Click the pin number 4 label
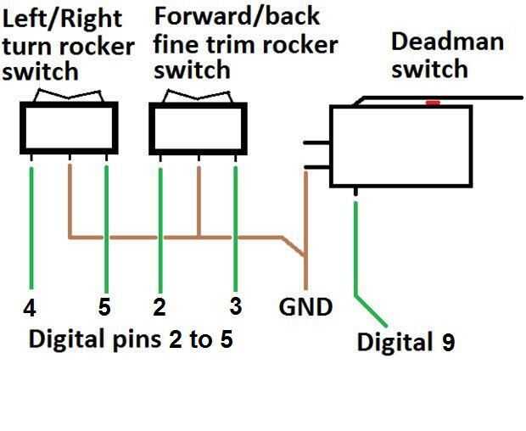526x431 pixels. [31, 307]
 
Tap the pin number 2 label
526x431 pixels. [158, 307]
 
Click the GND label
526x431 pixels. [305, 307]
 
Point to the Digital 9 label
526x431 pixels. [406, 343]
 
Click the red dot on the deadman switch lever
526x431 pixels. [433, 103]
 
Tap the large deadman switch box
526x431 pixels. [400, 146]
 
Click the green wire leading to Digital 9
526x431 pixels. [357, 255]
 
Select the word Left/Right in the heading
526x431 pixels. [62, 18]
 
